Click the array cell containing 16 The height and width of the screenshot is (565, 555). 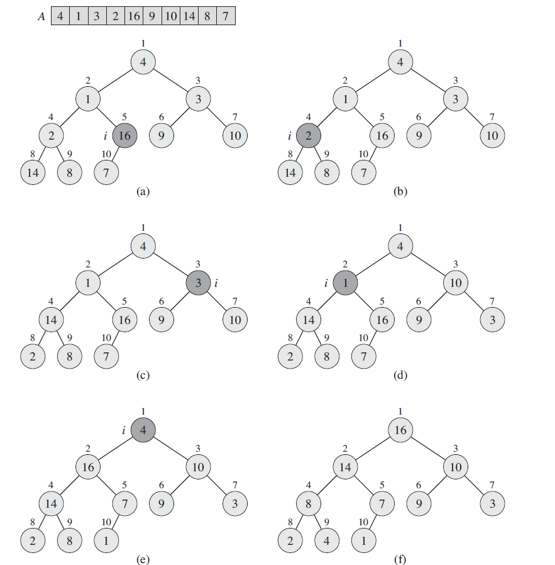(x=134, y=16)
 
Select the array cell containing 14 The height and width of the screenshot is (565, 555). (x=189, y=16)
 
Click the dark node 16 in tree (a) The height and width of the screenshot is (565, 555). (x=124, y=135)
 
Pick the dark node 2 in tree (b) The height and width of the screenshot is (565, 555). (x=309, y=135)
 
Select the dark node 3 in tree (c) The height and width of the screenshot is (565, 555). (x=198, y=284)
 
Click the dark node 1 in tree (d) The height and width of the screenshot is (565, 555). (x=345, y=283)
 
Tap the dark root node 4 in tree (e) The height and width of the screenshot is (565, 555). (x=143, y=430)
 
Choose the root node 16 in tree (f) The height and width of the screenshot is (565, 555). (x=400, y=430)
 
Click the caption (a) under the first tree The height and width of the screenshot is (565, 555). (x=143, y=193)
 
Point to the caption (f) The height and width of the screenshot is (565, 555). (x=400, y=559)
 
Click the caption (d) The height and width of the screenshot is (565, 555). (x=400, y=376)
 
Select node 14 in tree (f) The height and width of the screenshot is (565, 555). (x=345, y=467)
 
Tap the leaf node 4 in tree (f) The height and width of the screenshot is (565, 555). (x=327, y=540)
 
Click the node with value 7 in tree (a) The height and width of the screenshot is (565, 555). (x=106, y=172)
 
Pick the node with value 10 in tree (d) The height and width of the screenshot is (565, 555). (x=455, y=283)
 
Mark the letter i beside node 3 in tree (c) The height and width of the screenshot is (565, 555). (x=216, y=284)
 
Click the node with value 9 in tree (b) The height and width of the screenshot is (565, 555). (x=419, y=135)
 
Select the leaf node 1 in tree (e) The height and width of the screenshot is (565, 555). (x=106, y=540)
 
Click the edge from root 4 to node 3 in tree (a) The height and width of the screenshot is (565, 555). (x=171, y=81)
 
